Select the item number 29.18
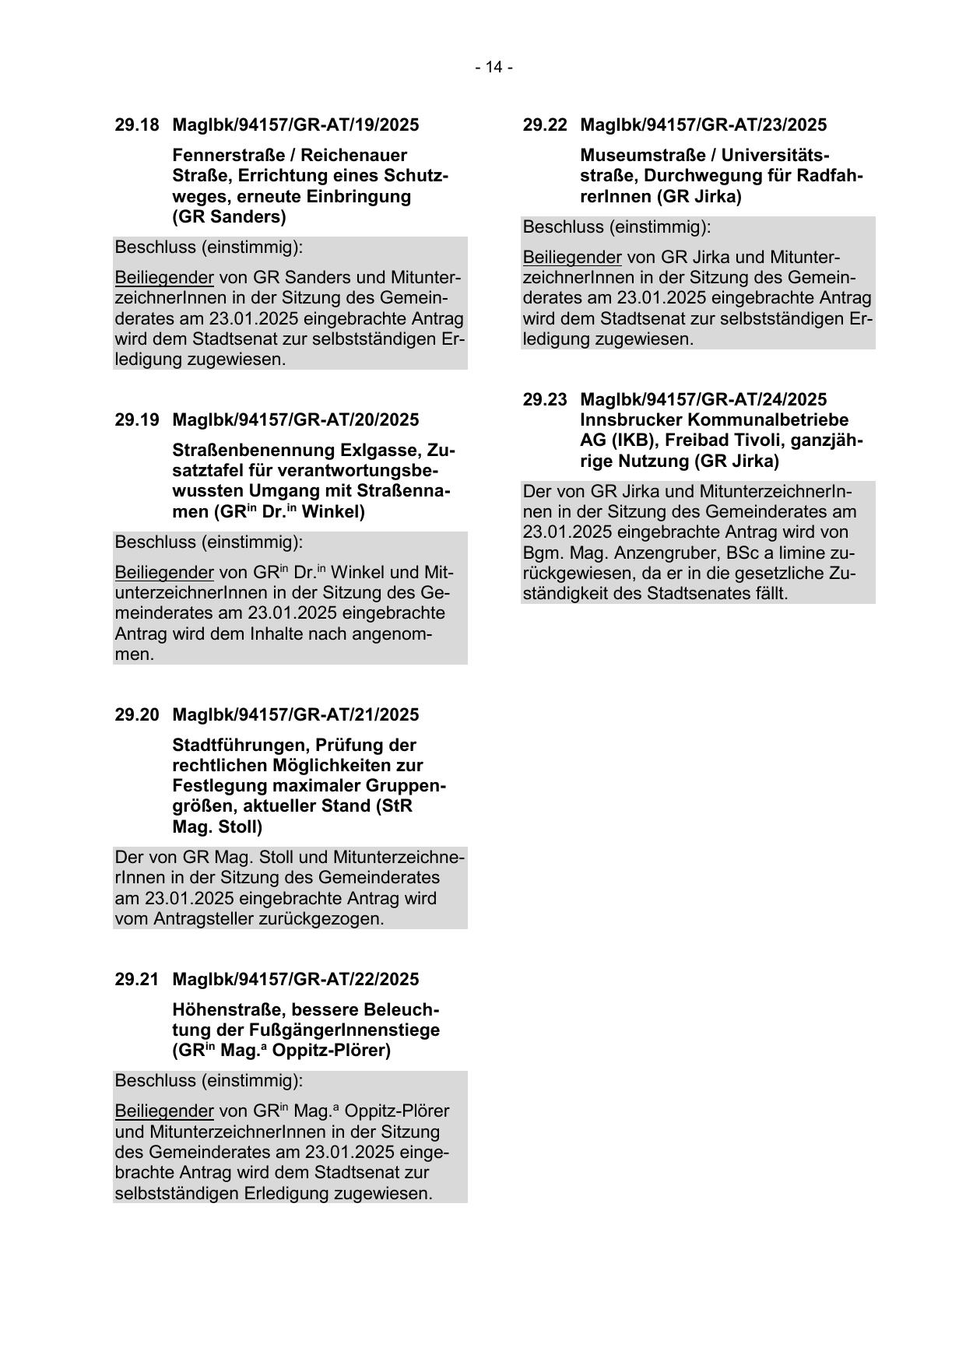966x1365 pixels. point(137,125)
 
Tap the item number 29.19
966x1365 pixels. point(137,420)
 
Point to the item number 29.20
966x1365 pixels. point(137,715)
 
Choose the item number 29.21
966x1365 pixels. point(137,980)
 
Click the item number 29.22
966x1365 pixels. point(545,125)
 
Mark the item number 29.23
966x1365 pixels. point(545,400)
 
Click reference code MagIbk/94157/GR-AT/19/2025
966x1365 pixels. point(295,125)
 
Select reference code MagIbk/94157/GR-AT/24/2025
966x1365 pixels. point(703,400)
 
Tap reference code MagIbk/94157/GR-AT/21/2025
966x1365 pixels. point(295,715)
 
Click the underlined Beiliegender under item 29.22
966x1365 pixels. point(572,258)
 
